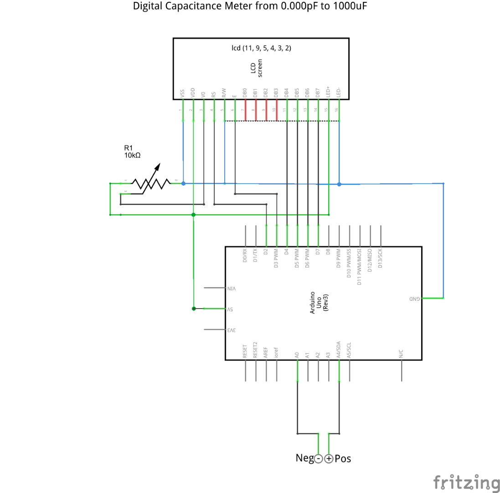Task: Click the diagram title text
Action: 250,6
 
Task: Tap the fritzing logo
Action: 466,482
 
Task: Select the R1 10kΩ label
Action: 132,152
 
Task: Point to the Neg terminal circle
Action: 319,458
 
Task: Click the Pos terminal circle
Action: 329,458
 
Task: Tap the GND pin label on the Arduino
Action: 414,299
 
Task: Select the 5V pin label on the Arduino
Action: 231,309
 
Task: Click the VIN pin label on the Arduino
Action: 232,288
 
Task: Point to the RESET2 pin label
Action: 256,350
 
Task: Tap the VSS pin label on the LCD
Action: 183,94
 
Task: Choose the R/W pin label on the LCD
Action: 224,93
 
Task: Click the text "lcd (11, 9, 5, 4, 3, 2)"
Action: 261,48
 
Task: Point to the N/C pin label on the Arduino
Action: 401,353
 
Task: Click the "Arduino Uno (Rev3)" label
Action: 319,302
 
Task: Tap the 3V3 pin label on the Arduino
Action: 231,330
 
